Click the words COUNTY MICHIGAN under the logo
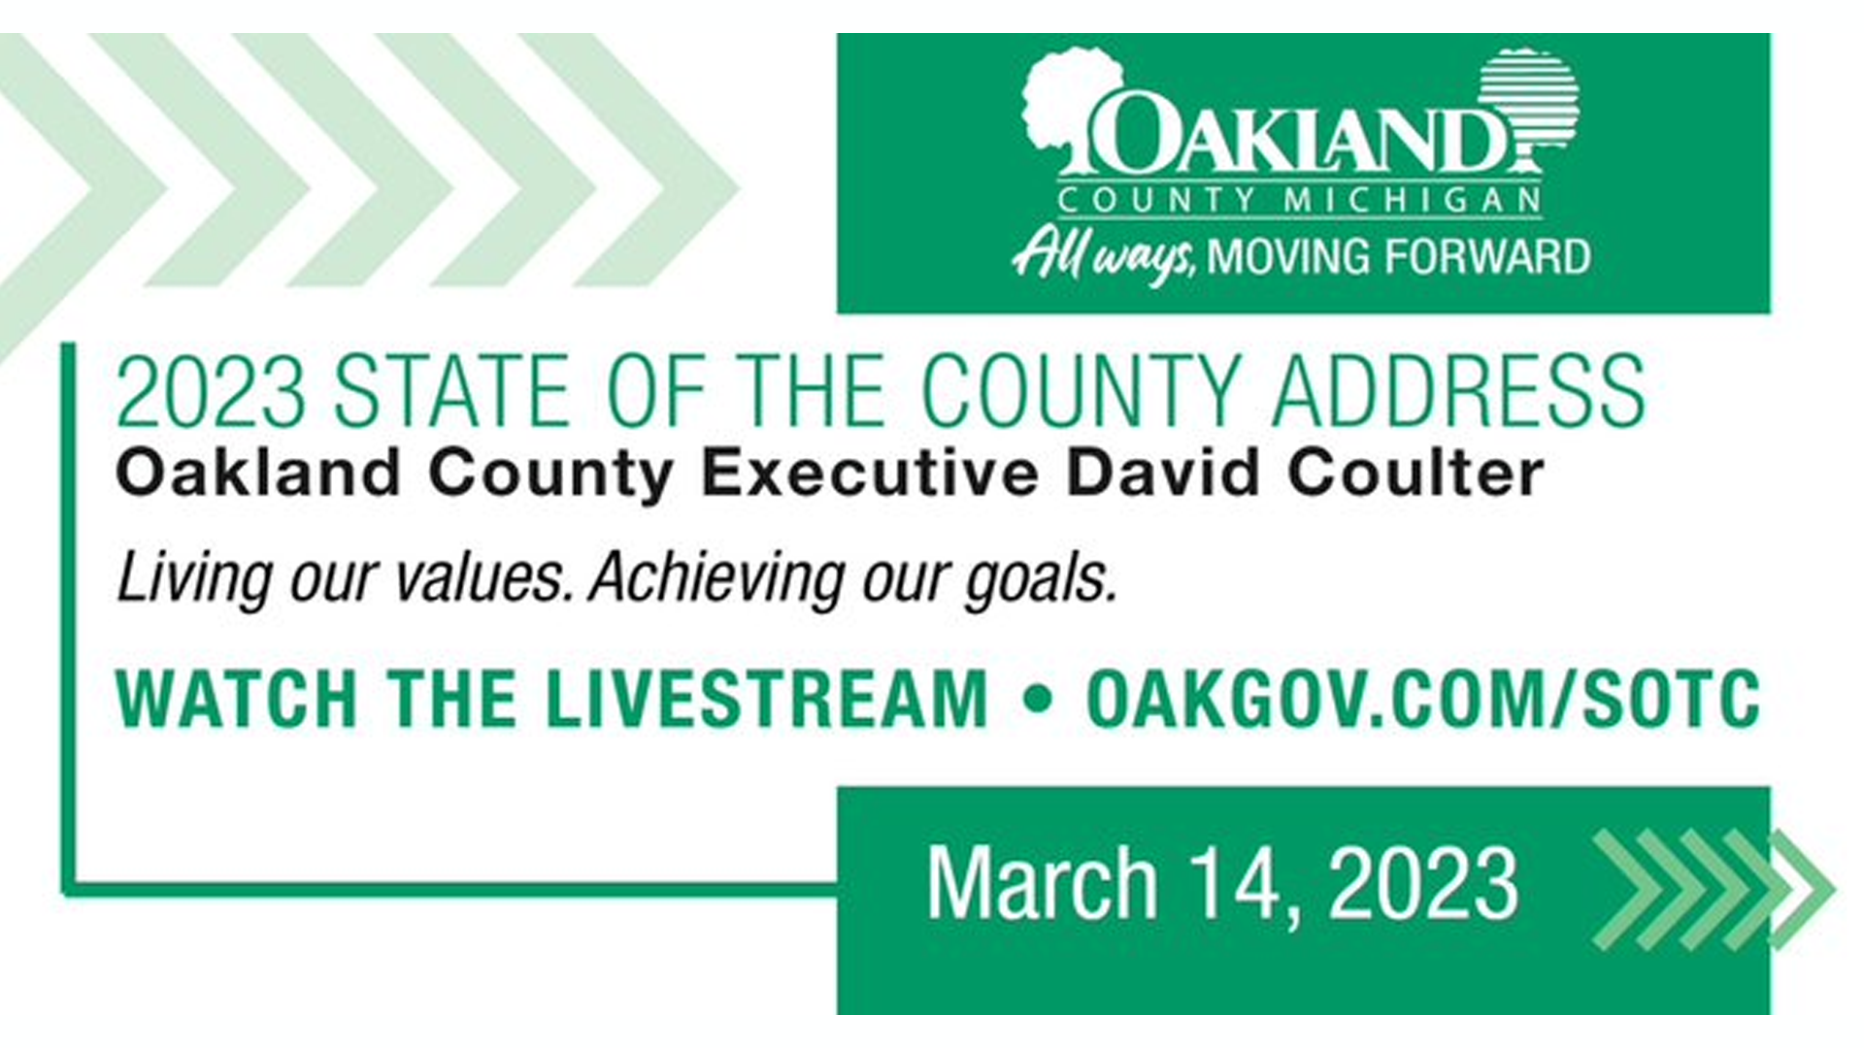tap(1299, 201)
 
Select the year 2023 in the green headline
tap(211, 391)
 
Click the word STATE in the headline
tap(451, 391)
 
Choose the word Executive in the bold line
tap(869, 473)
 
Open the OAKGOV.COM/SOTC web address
tap(1423, 699)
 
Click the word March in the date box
tap(1042, 882)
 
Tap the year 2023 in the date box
tap(1423, 882)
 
